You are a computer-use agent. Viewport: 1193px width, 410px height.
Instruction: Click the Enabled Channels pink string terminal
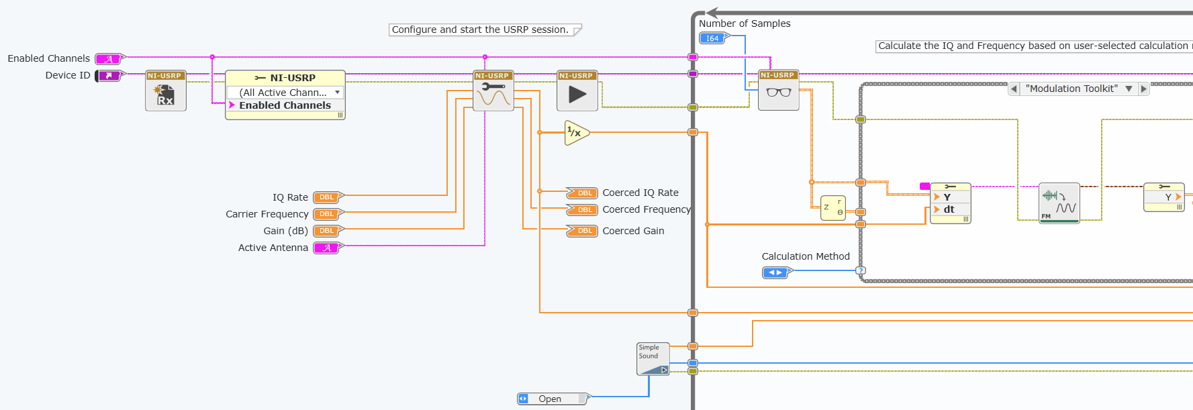coord(109,59)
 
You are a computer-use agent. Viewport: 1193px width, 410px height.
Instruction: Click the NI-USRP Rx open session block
coord(166,91)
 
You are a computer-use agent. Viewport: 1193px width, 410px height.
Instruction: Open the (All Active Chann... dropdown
coord(285,93)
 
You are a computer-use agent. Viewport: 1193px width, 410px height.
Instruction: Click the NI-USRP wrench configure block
coord(493,91)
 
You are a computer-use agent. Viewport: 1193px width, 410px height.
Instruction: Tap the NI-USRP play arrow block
coord(577,91)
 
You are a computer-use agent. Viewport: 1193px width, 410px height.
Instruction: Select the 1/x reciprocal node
coord(576,133)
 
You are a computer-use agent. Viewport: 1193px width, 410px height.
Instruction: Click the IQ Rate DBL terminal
coord(327,197)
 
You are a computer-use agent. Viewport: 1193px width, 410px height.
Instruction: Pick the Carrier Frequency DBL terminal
coord(327,214)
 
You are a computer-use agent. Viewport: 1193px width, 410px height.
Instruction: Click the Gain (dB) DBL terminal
coord(327,231)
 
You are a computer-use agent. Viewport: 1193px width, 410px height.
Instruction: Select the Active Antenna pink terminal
coord(327,248)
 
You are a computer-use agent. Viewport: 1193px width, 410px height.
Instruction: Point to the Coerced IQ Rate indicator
coord(582,193)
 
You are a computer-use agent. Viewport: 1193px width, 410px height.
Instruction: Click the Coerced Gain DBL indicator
coord(582,231)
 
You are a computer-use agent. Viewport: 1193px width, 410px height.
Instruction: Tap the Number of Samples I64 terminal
coord(712,39)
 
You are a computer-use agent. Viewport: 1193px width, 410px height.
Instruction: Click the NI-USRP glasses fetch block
coord(779,91)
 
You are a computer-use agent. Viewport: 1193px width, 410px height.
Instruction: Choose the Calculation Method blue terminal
coord(775,272)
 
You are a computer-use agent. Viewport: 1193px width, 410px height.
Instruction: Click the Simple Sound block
coord(653,359)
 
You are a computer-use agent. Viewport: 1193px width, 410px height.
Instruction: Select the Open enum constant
coord(551,399)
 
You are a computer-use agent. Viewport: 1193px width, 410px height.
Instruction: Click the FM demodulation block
coord(1059,203)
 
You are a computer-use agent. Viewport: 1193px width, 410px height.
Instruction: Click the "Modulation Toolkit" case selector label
coord(1071,89)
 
